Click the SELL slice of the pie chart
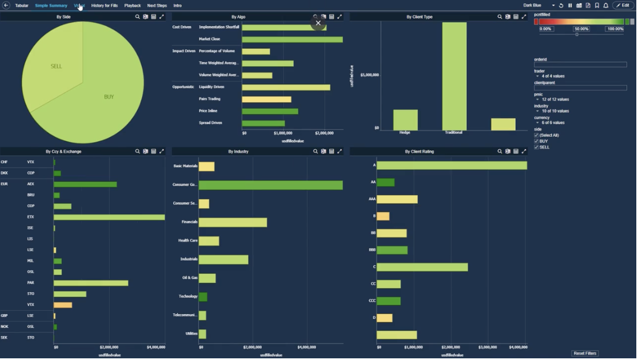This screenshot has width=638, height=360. [x=53, y=70]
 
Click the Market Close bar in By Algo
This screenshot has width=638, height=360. [x=292, y=39]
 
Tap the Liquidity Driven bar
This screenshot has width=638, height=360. [x=286, y=87]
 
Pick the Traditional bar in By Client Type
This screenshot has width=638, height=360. [x=454, y=76]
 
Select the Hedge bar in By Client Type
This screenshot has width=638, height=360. [x=405, y=120]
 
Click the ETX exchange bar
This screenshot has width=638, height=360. [x=109, y=217]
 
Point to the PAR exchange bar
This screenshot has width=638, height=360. [x=91, y=283]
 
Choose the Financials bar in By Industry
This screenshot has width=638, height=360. [x=233, y=222]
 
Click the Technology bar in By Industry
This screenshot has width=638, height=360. [x=203, y=297]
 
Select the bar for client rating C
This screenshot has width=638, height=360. [x=422, y=267]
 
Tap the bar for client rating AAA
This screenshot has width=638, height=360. [x=397, y=199]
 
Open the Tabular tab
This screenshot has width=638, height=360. [x=22, y=6]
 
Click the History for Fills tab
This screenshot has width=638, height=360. [x=104, y=6]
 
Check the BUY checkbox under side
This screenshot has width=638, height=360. [x=537, y=141]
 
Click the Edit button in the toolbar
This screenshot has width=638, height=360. [x=623, y=6]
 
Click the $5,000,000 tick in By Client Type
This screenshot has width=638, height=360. [x=369, y=75]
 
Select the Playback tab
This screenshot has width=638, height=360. [x=132, y=6]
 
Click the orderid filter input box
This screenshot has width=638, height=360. [x=580, y=64]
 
